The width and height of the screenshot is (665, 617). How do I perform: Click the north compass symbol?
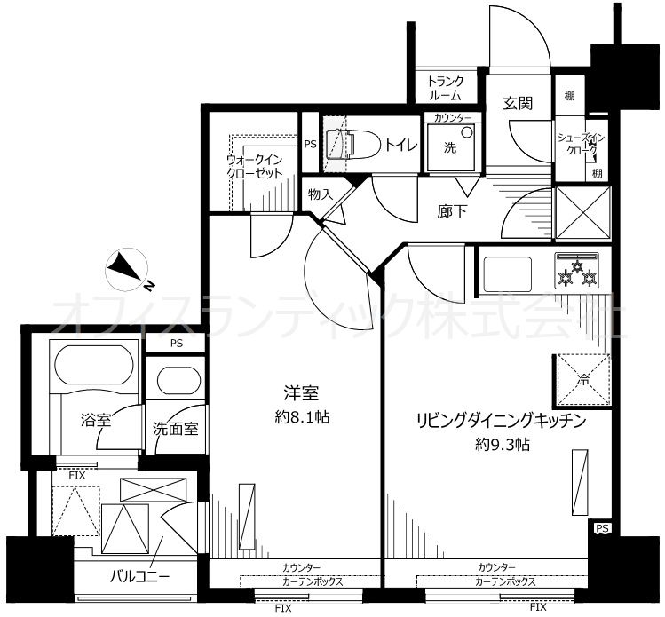point(126,271)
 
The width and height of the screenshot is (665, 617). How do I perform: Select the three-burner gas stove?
point(577,271)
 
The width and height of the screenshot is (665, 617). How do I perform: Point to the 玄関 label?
point(518,103)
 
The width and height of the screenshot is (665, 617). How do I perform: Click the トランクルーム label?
point(445,88)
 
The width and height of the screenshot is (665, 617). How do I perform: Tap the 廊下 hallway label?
point(452,210)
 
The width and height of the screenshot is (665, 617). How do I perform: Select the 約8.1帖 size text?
point(302,417)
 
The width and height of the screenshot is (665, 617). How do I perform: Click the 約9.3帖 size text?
point(503,445)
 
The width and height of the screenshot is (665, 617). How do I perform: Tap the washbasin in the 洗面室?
point(178,380)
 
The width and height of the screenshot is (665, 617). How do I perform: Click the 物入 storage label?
point(321,194)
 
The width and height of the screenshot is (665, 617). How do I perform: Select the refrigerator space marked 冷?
point(582,380)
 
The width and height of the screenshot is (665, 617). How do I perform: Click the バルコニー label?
point(140,576)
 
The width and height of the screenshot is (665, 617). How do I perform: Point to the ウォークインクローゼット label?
point(255,167)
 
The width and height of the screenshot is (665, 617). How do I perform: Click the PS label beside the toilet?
point(311,144)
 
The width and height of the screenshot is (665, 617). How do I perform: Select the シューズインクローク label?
point(580,144)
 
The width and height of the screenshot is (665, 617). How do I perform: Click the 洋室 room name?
point(301,393)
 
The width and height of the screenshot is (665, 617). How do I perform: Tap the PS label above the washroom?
point(177,343)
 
